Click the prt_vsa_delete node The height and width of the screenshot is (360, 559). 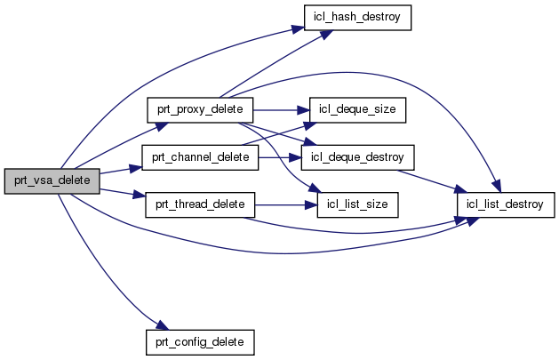(x=51, y=179)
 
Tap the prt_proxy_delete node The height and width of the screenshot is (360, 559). (x=200, y=109)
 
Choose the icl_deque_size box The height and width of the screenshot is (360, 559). (x=357, y=109)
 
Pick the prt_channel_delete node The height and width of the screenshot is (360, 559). (x=200, y=157)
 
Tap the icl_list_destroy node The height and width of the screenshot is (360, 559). (x=506, y=205)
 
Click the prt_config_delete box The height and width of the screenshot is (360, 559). (x=200, y=340)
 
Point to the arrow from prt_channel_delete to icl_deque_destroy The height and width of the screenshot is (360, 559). (x=280, y=157)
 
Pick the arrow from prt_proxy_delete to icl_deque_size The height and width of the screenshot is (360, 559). (x=281, y=109)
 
